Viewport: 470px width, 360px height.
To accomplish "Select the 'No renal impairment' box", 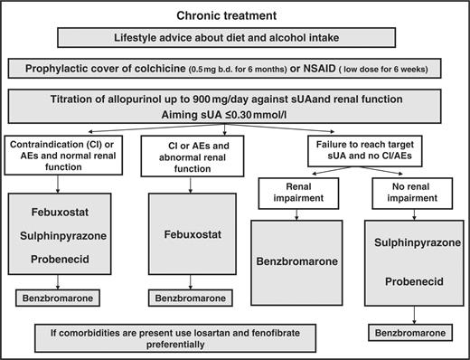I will [411, 187].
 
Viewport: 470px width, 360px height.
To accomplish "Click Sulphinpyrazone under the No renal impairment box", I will [412, 242].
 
